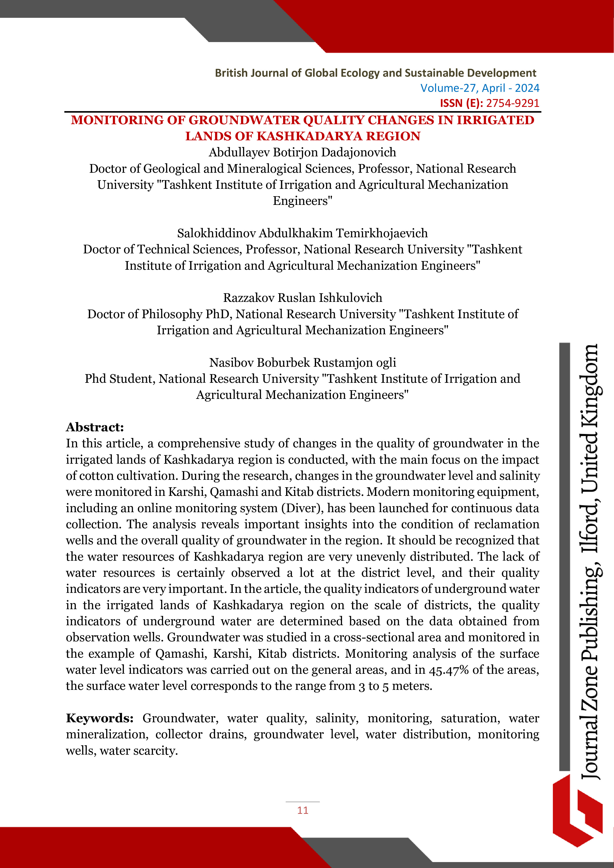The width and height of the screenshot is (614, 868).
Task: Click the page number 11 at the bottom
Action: pos(302,810)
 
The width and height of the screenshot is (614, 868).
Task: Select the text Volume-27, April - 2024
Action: pos(479,88)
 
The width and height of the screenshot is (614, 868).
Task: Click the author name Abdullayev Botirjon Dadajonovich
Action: pos(302,152)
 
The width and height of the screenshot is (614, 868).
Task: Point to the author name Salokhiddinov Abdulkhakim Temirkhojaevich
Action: pos(302,233)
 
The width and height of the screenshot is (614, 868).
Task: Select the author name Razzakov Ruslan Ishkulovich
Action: pos(302,298)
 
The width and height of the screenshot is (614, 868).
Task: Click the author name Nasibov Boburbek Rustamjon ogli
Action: pos(302,362)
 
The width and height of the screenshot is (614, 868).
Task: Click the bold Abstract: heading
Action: pos(95,427)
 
